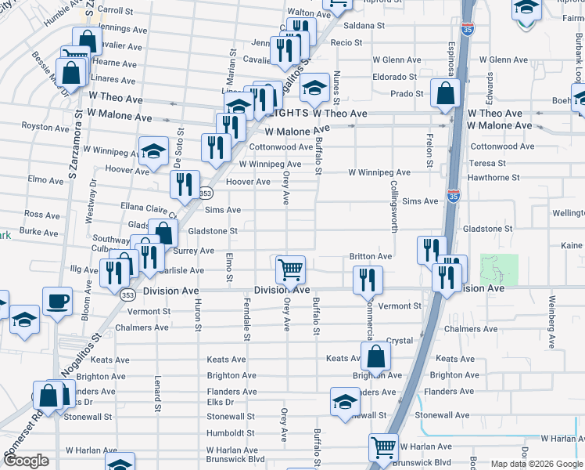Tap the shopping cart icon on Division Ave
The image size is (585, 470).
pos(290,269)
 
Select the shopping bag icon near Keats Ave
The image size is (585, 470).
pos(376,356)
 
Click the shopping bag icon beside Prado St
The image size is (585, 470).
pos(444,93)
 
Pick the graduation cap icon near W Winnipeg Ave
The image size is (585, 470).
pos(153,150)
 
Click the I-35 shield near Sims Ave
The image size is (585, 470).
pos(454,193)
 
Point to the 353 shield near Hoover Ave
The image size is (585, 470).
pos(206,193)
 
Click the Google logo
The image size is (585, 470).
pos(26,461)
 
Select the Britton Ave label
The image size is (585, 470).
pos(371,256)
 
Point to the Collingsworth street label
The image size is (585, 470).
pos(393,208)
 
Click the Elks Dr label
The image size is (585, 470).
pos(221,403)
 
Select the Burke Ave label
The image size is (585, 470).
pos(39,233)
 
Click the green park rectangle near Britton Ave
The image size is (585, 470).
pos(499,269)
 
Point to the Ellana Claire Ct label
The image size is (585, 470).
pos(144,209)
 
